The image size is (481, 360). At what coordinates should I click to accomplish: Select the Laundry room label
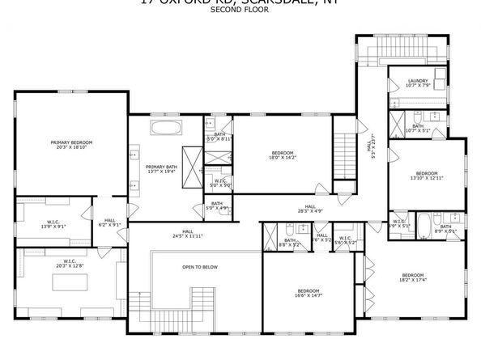418,83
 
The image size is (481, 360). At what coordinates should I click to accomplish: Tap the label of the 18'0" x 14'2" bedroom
282,155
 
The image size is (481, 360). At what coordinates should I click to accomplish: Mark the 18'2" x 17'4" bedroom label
413,277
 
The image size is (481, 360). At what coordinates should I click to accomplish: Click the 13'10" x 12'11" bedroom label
427,176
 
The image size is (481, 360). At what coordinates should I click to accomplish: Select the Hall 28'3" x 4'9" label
309,209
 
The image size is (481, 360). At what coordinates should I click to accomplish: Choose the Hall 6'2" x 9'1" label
109,222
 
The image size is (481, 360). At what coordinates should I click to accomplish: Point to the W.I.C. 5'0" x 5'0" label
219,183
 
